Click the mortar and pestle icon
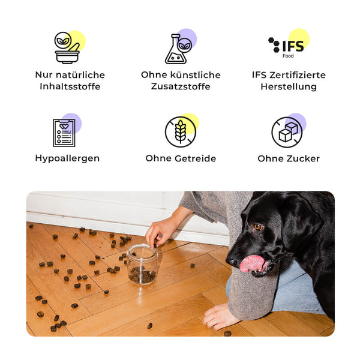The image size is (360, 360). point(67,48)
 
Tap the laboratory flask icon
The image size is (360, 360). point(178,49)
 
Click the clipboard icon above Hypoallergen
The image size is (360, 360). point(64,133)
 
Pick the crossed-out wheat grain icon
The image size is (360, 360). point(181,132)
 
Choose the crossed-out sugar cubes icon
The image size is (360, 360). point(287,132)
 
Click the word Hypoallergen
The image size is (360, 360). point(67,158)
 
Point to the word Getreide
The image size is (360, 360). point(195,158)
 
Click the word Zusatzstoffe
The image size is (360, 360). point(181,86)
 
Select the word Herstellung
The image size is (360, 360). point(289,87)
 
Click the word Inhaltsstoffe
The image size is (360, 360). point(70,86)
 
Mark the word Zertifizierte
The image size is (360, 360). point(298,75)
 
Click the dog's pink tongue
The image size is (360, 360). point(252,263)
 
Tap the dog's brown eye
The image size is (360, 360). point(258,227)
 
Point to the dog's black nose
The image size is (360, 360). point(231,262)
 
